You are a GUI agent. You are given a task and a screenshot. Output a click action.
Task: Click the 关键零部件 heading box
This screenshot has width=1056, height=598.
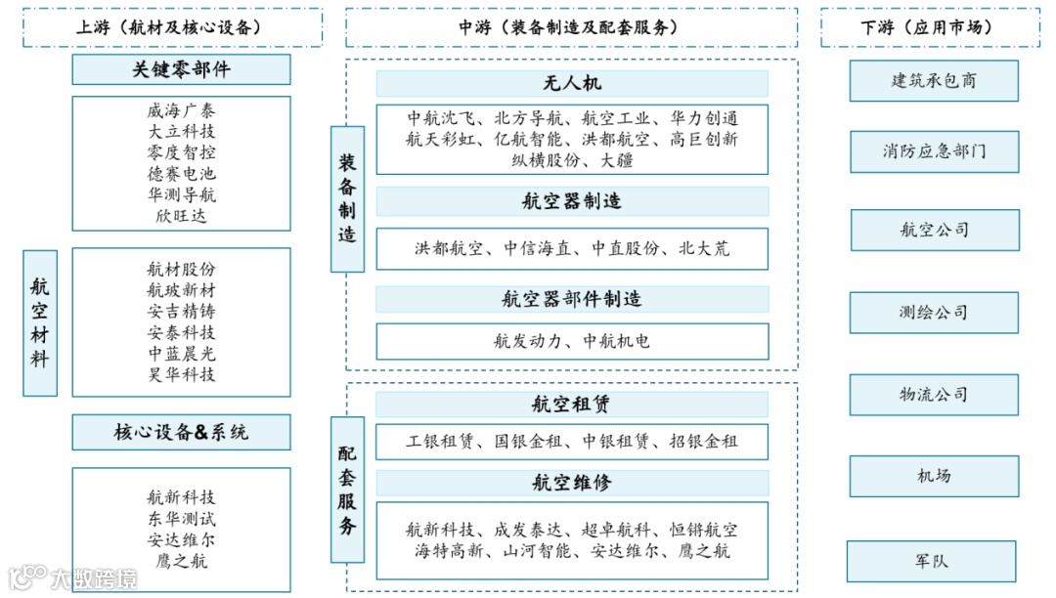point(181,69)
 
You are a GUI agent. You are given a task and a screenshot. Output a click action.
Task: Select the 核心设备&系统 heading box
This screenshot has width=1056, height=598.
point(181,432)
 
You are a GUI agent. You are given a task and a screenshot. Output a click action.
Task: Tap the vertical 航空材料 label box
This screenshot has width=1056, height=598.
point(40,322)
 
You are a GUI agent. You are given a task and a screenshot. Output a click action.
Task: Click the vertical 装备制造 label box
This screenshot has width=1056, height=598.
point(347,198)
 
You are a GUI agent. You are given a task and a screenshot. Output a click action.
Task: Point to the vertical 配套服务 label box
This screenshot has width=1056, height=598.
point(347,489)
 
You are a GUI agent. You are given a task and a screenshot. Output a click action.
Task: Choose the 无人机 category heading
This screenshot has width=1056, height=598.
point(572,84)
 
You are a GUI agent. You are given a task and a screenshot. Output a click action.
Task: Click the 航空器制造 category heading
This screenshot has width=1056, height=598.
point(572,202)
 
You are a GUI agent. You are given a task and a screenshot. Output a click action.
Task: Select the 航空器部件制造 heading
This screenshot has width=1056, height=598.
point(572,299)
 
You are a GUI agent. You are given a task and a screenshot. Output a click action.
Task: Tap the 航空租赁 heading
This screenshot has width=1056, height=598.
point(572,405)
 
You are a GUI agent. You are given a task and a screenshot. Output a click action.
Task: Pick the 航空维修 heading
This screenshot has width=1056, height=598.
point(572,483)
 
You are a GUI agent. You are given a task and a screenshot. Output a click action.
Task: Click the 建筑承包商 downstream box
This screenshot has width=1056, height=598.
point(933,81)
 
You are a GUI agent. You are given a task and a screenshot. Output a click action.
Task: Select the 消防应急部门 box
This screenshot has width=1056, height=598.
point(934,151)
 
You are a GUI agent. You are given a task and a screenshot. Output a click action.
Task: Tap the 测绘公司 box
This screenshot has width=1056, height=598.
point(934,313)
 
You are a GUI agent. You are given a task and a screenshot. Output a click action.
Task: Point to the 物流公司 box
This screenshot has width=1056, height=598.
point(934,395)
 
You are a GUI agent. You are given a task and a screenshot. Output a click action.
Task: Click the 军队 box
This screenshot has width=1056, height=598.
point(931,562)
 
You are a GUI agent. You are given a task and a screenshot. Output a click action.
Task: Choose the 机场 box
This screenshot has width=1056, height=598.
point(934,476)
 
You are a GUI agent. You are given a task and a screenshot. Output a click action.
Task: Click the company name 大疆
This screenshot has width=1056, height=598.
point(617,160)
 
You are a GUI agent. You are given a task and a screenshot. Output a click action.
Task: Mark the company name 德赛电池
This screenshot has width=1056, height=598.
point(181,174)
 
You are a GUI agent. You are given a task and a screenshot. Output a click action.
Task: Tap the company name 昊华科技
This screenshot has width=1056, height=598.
point(181,374)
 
